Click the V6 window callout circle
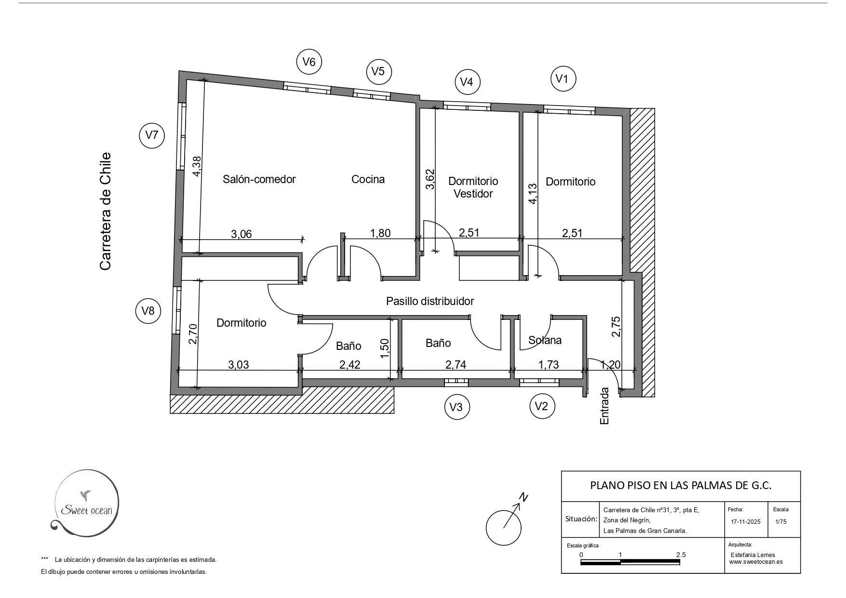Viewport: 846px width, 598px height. (x=309, y=62)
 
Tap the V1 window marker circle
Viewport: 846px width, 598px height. (x=563, y=79)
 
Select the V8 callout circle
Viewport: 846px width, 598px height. (x=148, y=311)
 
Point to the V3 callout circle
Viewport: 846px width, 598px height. (x=457, y=407)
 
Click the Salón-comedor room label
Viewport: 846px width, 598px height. (x=259, y=179)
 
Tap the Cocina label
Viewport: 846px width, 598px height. (x=368, y=179)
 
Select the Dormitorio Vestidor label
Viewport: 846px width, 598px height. (x=473, y=187)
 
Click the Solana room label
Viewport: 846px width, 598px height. (x=545, y=340)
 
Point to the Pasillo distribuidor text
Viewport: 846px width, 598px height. (x=430, y=301)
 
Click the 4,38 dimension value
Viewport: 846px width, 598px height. (x=196, y=166)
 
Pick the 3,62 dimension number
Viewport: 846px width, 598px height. (x=430, y=179)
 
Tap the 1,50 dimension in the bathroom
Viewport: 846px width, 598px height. (x=384, y=348)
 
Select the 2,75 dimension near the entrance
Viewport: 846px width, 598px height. (x=616, y=326)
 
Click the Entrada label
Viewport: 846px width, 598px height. (x=604, y=406)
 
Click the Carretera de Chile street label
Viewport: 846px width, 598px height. (x=106, y=211)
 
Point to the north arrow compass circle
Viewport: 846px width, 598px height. (x=504, y=527)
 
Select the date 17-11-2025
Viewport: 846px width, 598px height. (x=745, y=521)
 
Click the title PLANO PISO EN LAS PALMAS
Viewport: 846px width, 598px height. (x=681, y=485)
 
